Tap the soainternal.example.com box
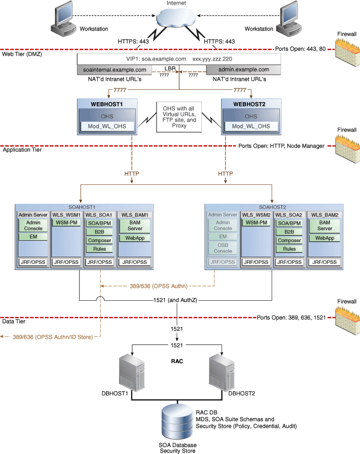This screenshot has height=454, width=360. click(114, 70)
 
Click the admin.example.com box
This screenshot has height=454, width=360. click(243, 70)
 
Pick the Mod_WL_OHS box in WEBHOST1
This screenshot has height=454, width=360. click(108, 126)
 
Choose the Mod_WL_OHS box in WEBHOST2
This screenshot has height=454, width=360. click(251, 126)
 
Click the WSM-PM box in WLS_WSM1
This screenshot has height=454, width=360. click(66, 223)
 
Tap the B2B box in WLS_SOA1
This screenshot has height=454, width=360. click(99, 232)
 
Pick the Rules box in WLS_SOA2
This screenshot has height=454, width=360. click(289, 249)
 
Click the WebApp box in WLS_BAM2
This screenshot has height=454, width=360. click(324, 238)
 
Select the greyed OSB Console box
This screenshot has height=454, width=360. click(223, 248)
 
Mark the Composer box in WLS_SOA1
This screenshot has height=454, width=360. click(99, 240)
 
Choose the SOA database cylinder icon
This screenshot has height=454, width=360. click(177, 422)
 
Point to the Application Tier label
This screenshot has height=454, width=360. click(22, 150)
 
